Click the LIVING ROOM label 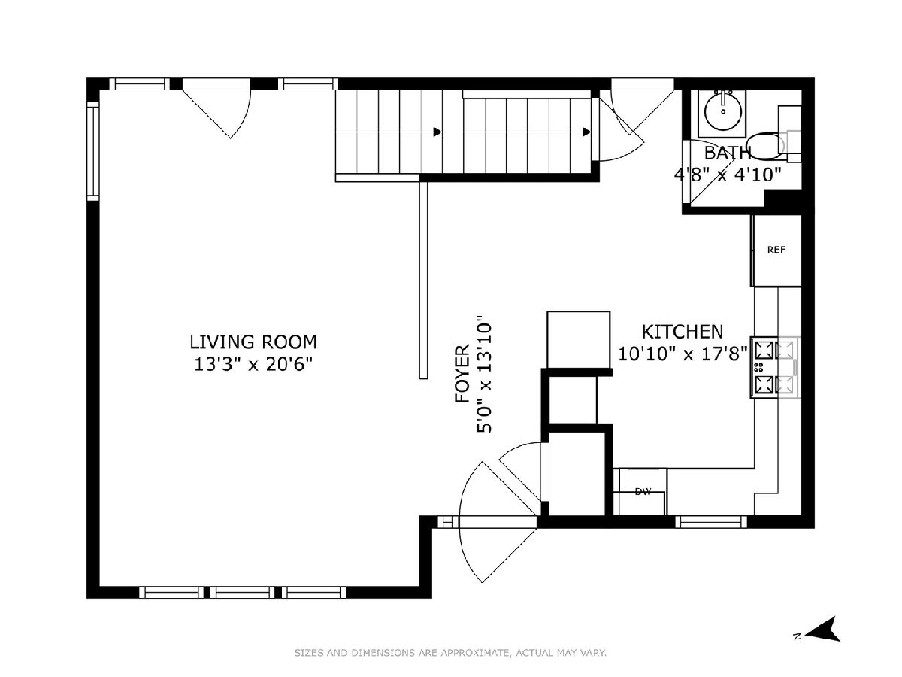tap(253, 342)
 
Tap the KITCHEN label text tap(683, 332)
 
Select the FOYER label tap(462, 374)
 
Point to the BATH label tap(728, 153)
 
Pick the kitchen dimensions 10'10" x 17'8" tap(683, 354)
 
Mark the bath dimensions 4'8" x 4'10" tap(728, 175)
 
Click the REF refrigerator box tap(776, 250)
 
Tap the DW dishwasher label tap(643, 492)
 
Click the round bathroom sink tap(723, 111)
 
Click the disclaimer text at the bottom tap(450, 653)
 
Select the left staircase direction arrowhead tap(437, 132)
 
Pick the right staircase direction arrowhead tap(586, 132)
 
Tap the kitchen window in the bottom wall tap(711, 522)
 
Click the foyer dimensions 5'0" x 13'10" tap(484, 374)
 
